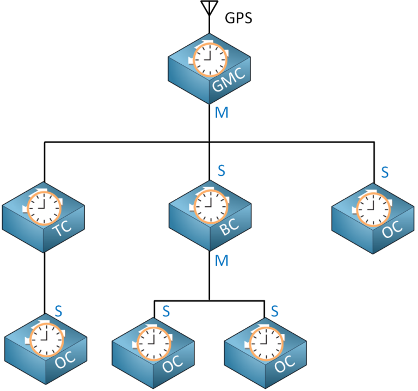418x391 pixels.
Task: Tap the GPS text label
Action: pos(239,19)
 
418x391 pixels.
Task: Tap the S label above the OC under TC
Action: pos(59,311)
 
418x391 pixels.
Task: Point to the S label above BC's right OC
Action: pos(275,311)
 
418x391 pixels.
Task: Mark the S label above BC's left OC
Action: pos(166,311)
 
